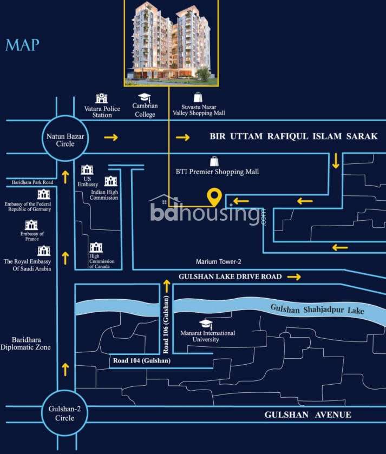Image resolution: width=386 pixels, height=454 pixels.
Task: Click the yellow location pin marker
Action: [214, 198]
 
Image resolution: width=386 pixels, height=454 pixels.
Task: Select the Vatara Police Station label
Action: [102, 112]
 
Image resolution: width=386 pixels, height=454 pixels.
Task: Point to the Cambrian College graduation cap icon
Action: [144, 97]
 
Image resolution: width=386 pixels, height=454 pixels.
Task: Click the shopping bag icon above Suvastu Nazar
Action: [198, 97]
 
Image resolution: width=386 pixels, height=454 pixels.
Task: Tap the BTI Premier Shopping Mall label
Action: [217, 172]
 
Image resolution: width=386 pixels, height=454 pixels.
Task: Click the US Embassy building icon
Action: [87, 170]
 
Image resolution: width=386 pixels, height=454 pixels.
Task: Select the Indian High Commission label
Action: [104, 195]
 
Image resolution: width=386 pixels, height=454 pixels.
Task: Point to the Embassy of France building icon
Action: [31, 225]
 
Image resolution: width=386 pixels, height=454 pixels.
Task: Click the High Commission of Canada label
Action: [101, 261]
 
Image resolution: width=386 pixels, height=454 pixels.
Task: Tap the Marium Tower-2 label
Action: [218, 262]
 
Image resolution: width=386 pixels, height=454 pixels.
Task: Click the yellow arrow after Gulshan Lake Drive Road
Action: [294, 277]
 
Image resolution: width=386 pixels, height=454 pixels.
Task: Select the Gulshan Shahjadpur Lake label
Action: [317, 309]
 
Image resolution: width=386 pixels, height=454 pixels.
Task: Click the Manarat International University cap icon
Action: [206, 324]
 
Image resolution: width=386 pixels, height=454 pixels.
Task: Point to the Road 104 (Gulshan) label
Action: [142, 360]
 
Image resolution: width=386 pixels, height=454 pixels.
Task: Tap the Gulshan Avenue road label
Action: [308, 415]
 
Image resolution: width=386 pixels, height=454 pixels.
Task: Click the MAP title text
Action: [22, 45]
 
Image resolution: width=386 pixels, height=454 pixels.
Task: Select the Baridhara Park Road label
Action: [32, 182]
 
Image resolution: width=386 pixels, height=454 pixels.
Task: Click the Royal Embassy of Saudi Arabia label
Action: [27, 265]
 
